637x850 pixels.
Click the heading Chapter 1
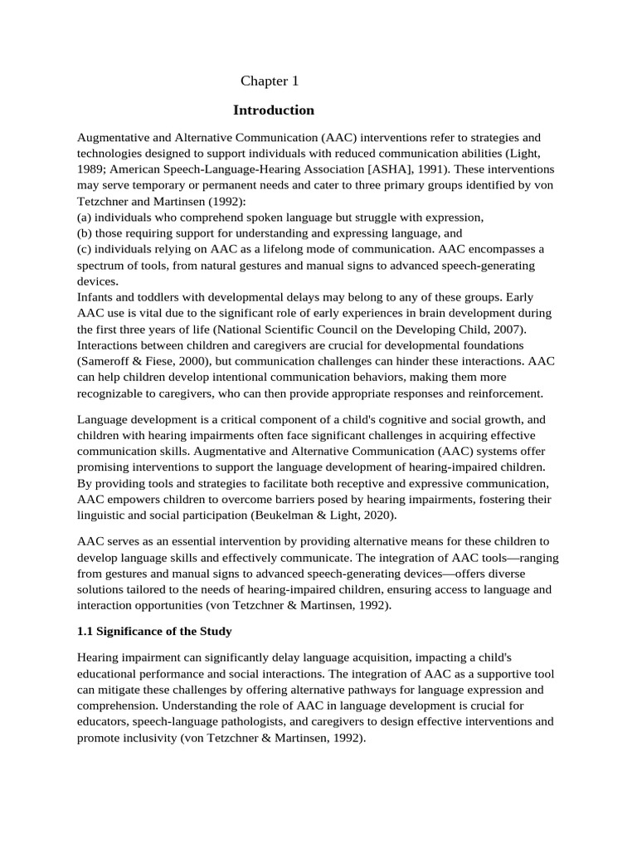click(269, 81)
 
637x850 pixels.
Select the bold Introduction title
click(274, 110)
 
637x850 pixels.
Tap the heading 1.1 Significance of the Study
click(154, 632)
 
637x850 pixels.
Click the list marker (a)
click(85, 217)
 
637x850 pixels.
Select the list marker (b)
click(85, 233)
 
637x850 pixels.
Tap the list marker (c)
click(85, 249)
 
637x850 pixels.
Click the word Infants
click(96, 297)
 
